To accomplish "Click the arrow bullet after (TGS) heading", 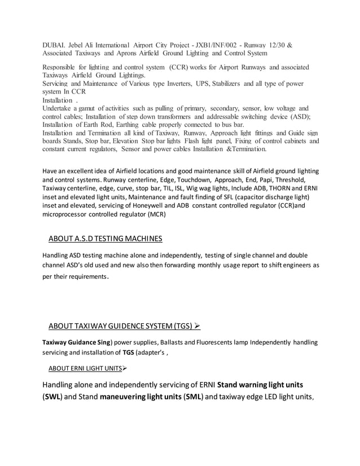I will pyautogui.click(x=197, y=326).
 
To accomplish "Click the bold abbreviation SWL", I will pyautogui.click(x=54, y=397).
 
